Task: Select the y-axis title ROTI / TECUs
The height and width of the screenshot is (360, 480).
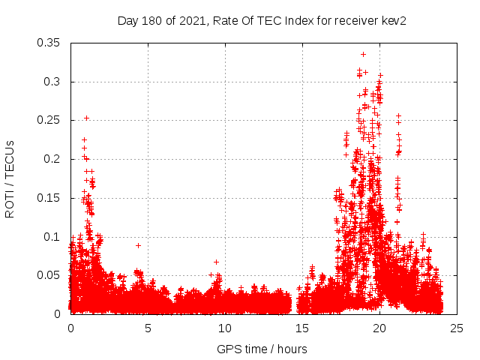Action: pos(10,178)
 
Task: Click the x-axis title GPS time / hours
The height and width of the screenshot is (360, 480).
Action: pos(262,349)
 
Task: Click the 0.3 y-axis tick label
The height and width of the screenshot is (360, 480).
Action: pos(53,81)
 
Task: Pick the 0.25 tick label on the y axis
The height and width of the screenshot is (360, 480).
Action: pos(49,120)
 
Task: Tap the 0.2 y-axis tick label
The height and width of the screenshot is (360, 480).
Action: pos(53,159)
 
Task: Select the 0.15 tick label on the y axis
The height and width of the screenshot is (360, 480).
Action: pos(49,198)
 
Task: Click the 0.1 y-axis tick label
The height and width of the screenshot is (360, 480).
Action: pos(53,236)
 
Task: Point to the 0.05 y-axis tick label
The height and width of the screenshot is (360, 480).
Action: pos(49,275)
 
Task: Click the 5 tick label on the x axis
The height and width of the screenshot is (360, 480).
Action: pos(148,328)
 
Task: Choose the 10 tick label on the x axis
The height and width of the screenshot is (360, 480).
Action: pos(225,328)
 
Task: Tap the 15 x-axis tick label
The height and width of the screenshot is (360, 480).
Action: pos(302,328)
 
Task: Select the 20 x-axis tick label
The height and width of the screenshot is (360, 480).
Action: pos(379,328)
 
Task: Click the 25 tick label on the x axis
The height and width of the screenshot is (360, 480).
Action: pos(457,328)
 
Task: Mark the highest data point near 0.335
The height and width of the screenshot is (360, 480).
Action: pos(363,54)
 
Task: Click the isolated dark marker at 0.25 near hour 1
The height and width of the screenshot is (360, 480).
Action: pos(86,118)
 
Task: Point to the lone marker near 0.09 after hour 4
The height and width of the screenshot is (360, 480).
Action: pos(138,245)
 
